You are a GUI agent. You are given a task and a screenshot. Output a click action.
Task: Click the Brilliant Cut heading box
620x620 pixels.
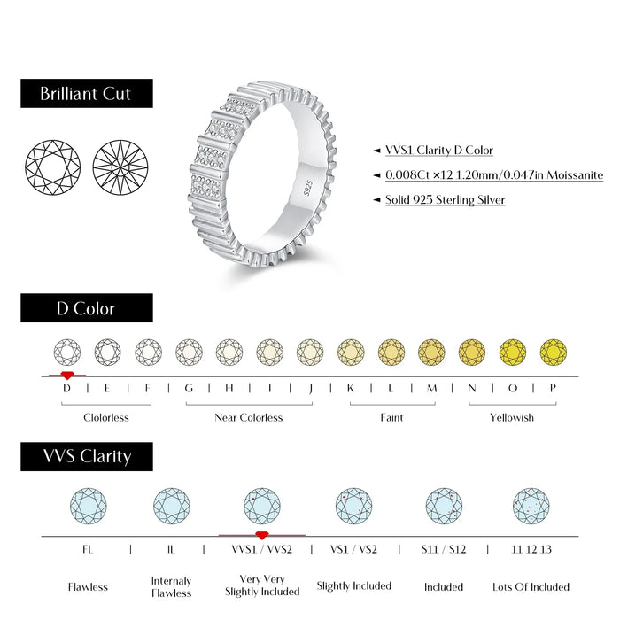click(x=86, y=94)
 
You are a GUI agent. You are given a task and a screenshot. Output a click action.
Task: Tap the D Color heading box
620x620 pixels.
click(x=86, y=308)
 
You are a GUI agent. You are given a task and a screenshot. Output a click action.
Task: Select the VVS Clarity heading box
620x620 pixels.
click(x=86, y=457)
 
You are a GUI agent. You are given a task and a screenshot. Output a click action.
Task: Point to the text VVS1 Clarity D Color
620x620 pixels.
click(x=438, y=151)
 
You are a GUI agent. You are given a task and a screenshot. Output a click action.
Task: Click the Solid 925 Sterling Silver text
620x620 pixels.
click(x=445, y=200)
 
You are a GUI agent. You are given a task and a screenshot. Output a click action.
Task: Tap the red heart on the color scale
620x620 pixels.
click(x=67, y=376)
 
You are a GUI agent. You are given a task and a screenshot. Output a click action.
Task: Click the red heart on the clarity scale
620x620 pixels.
click(x=261, y=535)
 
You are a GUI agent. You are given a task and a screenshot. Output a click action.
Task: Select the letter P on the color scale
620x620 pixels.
click(x=554, y=387)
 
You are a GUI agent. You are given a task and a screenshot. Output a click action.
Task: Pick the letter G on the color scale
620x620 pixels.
click(x=189, y=387)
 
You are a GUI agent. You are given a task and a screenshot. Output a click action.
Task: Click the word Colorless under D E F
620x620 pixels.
click(x=106, y=417)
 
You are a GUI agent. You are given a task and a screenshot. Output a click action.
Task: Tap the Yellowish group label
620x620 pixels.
click(x=512, y=417)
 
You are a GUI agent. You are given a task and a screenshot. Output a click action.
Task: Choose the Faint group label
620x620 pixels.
click(x=391, y=417)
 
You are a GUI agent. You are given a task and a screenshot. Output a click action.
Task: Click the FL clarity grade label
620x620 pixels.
click(x=88, y=549)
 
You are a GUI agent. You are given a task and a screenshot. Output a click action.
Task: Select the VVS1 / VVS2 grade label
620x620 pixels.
click(x=261, y=549)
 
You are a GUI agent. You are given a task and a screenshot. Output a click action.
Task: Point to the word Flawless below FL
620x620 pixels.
click(x=88, y=586)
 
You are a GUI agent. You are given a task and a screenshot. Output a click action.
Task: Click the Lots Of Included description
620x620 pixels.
click(x=531, y=586)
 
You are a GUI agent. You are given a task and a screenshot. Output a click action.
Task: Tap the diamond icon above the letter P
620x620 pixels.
click(x=554, y=352)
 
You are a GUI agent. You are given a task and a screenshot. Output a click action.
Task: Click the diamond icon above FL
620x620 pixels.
click(x=88, y=506)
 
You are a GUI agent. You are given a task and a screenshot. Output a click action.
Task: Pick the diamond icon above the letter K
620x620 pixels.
click(x=351, y=352)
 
